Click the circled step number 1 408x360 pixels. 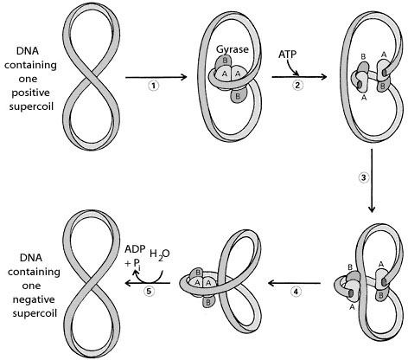point(154,86)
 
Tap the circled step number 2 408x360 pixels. point(298,85)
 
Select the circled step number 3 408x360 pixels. point(364,177)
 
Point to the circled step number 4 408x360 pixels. point(296,292)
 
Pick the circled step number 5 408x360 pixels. point(149,292)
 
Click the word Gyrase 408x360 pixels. point(233,49)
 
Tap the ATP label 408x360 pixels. point(287,55)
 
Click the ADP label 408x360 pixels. point(133,249)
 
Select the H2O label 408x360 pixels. point(160,254)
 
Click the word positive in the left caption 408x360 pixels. point(30,93)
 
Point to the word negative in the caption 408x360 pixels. point(34,300)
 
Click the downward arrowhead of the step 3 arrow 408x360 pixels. point(372,209)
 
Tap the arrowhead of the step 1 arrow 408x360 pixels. point(184,77)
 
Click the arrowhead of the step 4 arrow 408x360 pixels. point(271,283)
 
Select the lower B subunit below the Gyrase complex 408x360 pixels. point(238,95)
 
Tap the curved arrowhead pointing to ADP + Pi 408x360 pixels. point(135,273)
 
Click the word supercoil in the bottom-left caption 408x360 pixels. point(35,314)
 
